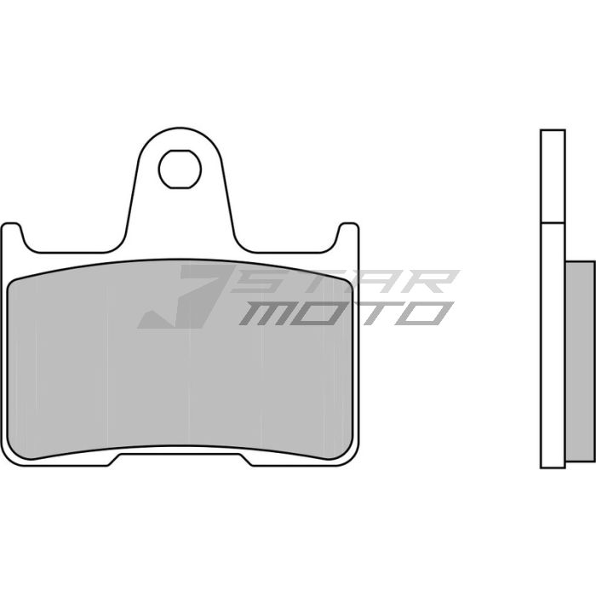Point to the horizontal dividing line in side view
point(552,223)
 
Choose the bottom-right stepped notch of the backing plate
point(250,461)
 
